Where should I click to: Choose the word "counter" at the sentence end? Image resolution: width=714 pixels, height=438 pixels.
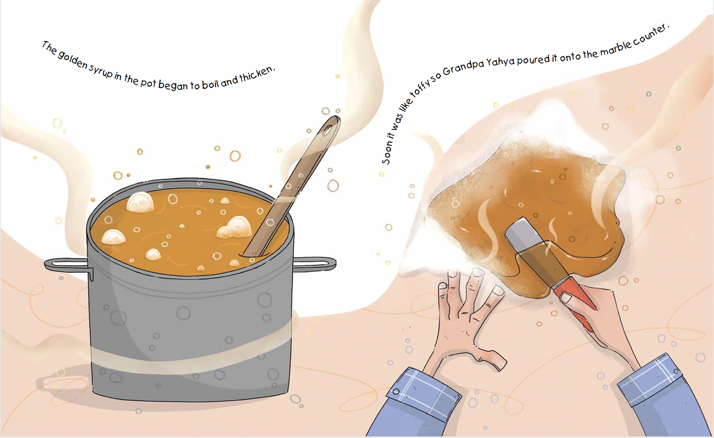click(x=650, y=35)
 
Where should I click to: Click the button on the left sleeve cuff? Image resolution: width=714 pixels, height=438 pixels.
click(x=396, y=392)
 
